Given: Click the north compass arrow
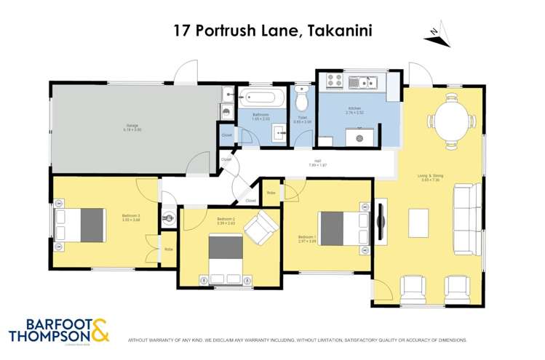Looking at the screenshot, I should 435,31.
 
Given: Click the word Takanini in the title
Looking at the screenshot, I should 340,31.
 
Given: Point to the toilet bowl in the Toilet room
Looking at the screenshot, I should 302,103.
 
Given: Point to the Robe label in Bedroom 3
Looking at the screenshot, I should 169,249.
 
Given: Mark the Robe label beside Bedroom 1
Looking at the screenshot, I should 271,193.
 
